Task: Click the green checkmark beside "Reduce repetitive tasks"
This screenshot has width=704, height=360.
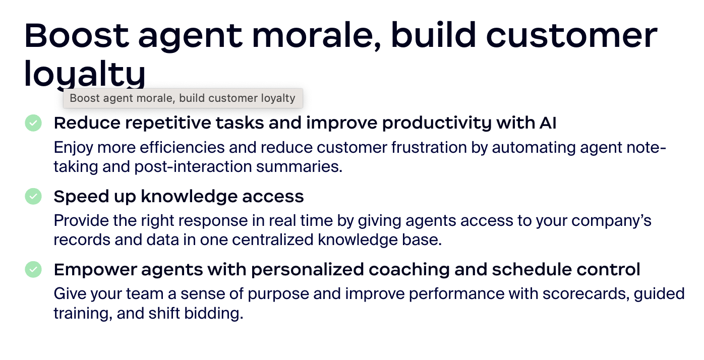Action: point(33,123)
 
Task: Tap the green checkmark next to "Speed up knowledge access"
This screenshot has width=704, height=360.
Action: point(33,196)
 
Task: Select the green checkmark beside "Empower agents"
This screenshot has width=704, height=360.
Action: point(33,270)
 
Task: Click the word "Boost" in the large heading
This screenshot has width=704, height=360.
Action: point(77,35)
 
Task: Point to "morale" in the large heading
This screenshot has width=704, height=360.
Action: point(317,35)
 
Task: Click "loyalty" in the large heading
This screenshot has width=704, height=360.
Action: point(85,74)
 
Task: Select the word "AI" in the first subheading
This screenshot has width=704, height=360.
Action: point(548,123)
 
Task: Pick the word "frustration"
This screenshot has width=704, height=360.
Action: point(429,148)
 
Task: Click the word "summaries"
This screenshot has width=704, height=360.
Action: point(299,166)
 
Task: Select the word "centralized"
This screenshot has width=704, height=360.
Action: point(273,239)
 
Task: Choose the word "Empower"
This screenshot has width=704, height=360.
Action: point(95,270)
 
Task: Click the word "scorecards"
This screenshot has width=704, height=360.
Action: point(586,294)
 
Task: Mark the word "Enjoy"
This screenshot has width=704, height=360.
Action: point(73,148)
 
